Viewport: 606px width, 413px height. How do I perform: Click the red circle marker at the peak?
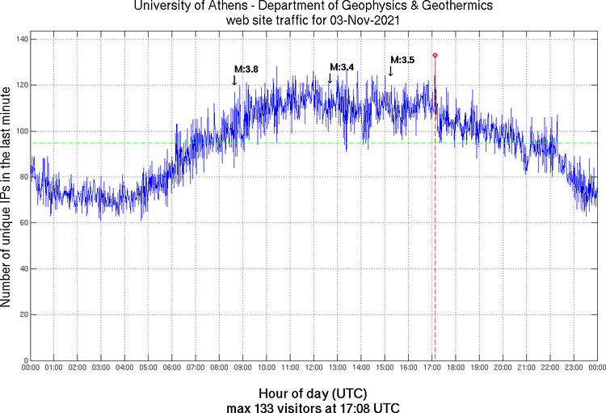click(435, 55)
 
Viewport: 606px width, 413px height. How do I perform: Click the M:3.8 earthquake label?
click(246, 70)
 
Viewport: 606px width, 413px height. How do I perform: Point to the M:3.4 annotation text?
click(342, 66)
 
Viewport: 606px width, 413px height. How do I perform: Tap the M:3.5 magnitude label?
click(402, 60)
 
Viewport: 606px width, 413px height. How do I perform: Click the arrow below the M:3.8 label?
click(234, 80)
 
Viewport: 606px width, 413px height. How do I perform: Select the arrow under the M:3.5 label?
click(390, 71)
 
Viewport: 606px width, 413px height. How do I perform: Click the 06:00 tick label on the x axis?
click(172, 368)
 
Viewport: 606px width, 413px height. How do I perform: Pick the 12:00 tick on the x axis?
click(314, 368)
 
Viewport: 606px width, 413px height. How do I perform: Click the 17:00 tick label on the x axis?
click(431, 368)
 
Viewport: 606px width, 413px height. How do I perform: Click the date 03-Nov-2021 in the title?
click(356, 21)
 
